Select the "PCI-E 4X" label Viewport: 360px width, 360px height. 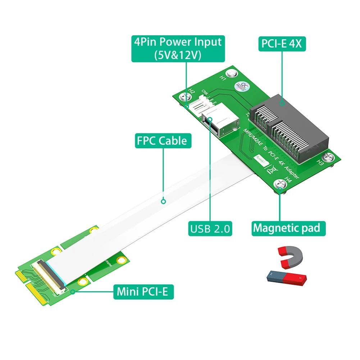tap(282, 44)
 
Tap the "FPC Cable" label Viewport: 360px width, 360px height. tap(163, 141)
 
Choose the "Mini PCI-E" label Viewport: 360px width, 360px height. tap(143, 292)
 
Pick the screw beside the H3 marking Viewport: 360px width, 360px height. tap(327, 157)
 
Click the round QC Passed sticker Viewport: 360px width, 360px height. tap(240, 87)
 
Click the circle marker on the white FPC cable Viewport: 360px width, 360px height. tap(163, 202)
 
